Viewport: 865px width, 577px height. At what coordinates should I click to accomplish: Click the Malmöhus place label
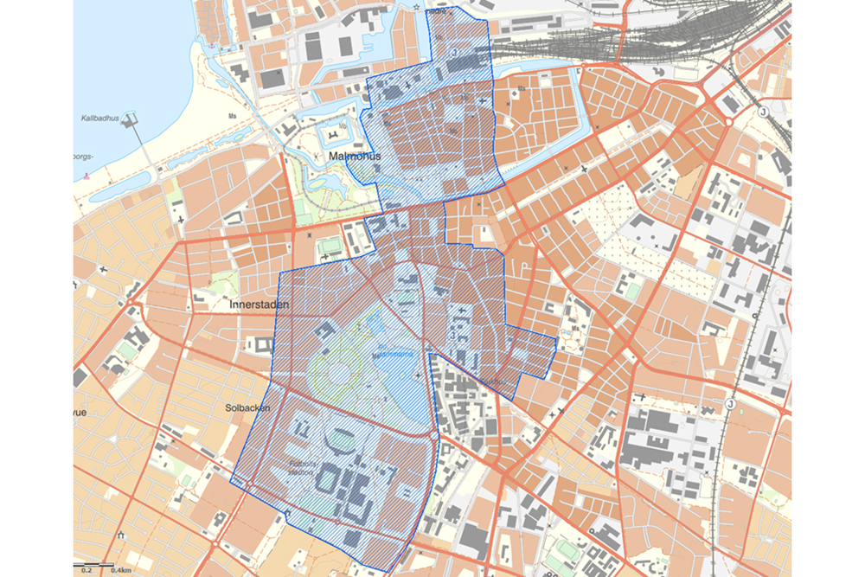pos(350,157)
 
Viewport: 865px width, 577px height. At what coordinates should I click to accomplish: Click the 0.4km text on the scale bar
pos(120,570)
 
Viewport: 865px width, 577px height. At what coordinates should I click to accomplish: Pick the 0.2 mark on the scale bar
pos(86,570)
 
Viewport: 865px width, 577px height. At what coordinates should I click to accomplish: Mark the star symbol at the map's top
pos(416,8)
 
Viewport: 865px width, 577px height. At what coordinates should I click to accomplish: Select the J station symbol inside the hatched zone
pos(453,52)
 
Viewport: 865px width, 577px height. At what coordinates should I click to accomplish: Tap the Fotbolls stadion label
pos(304,466)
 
